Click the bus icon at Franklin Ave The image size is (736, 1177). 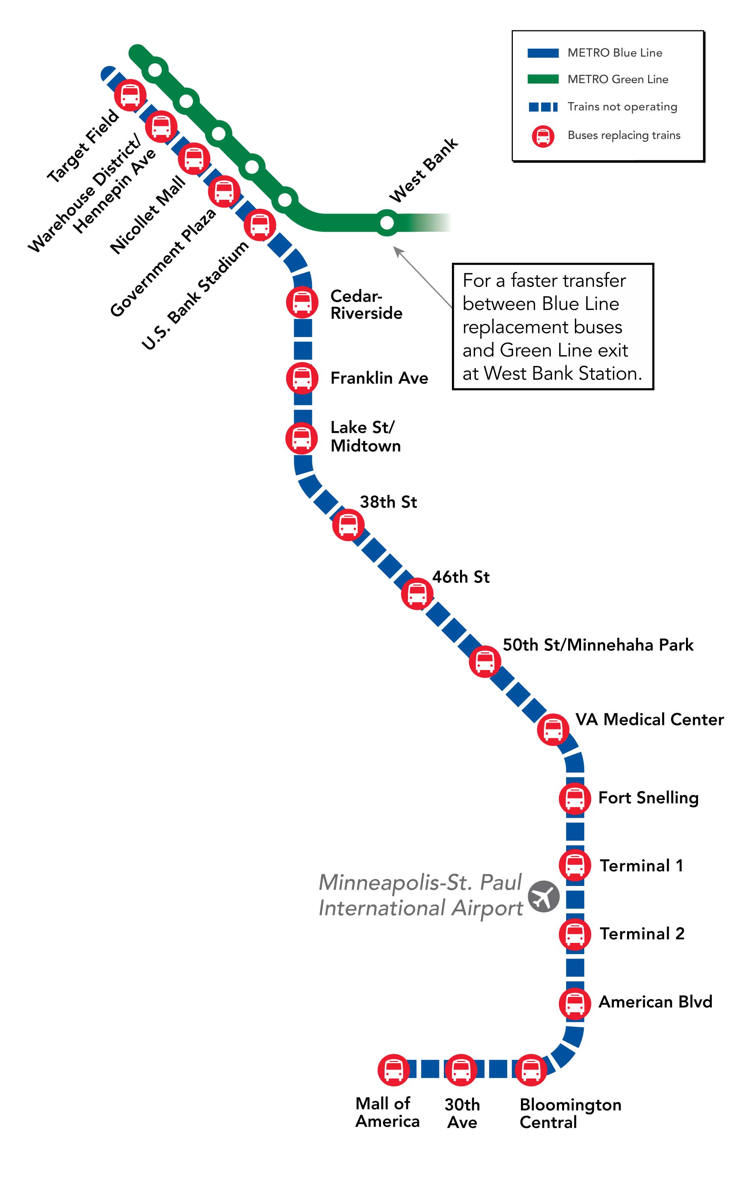pyautogui.click(x=302, y=378)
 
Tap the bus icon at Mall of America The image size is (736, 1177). pyautogui.click(x=393, y=1070)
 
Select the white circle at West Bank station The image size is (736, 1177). pyautogui.click(x=387, y=222)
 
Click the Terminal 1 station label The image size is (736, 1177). pyautogui.click(x=641, y=865)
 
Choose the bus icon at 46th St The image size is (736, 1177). pyautogui.click(x=417, y=593)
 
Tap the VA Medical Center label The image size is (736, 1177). pyautogui.click(x=649, y=719)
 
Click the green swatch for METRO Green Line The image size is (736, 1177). pyautogui.click(x=543, y=80)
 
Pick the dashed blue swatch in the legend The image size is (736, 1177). pyautogui.click(x=543, y=107)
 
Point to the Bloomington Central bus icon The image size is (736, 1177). pyautogui.click(x=531, y=1070)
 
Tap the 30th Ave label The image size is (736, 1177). pyautogui.click(x=462, y=1114)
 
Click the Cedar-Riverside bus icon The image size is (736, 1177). pyautogui.click(x=302, y=302)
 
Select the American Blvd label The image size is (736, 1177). pyautogui.click(x=655, y=1001)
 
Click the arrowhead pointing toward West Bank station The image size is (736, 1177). pyautogui.click(x=398, y=251)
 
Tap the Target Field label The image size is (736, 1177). pyautogui.click(x=83, y=146)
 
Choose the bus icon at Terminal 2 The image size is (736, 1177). pyautogui.click(x=575, y=934)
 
